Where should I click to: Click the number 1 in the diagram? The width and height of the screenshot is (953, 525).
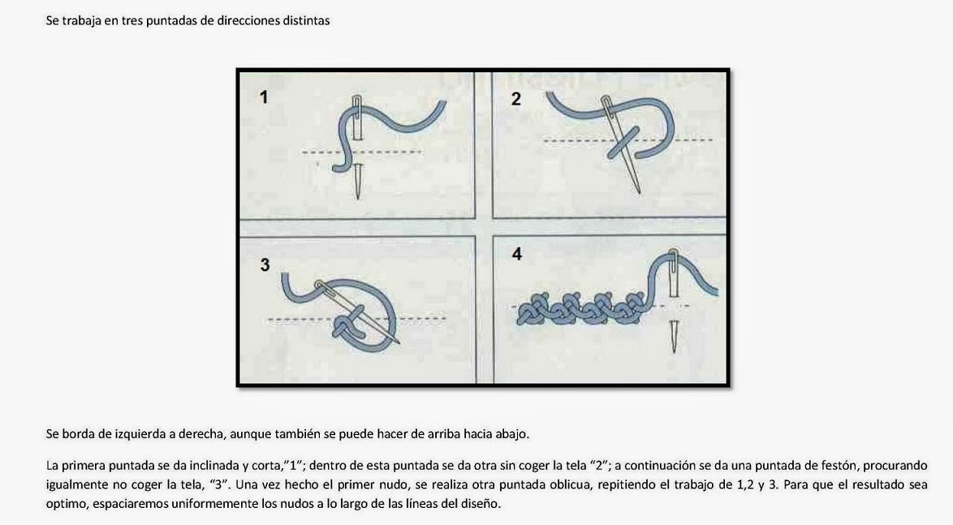(263, 97)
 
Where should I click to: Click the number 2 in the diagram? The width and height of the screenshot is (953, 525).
(516, 99)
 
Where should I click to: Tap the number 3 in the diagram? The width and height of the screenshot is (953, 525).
(265, 265)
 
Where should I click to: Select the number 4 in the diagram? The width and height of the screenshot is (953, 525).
(516, 253)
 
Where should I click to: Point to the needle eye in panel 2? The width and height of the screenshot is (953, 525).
(606, 103)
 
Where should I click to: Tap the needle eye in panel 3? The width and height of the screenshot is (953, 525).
(319, 284)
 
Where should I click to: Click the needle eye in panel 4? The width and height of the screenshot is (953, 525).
(674, 256)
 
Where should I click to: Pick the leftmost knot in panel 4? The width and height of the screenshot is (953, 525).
(530, 310)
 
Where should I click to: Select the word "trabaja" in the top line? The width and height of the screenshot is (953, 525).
(81, 21)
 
